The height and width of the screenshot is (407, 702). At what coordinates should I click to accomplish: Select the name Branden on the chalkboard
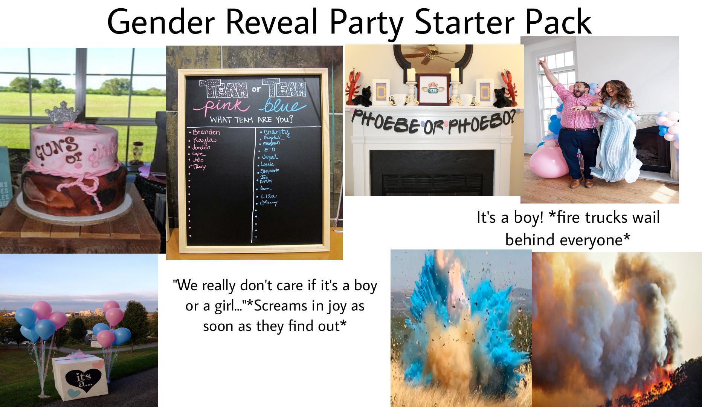coord(206,132)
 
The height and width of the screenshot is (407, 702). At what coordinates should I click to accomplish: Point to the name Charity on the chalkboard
coord(276,132)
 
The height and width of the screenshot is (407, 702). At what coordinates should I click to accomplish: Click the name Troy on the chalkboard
coord(199,167)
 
